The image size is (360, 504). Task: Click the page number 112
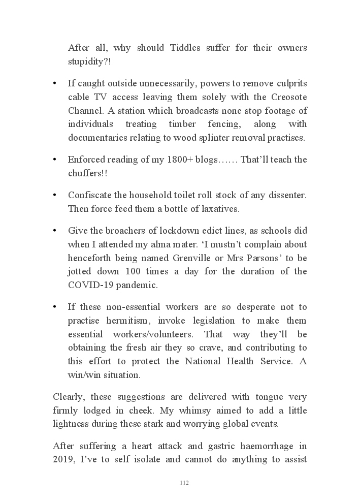point(184,483)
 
